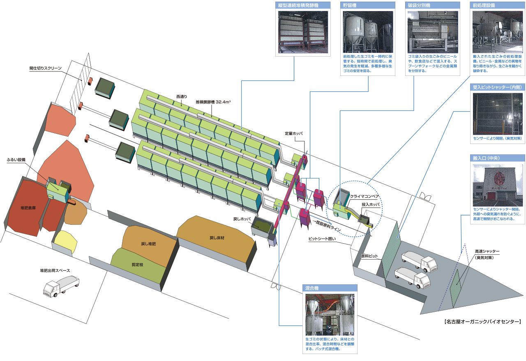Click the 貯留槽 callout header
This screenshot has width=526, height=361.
(x=368, y=5)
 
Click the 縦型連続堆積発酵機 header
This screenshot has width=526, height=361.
(x=304, y=5)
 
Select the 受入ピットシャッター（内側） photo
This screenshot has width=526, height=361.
(x=498, y=114)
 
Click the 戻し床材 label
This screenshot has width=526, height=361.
(x=217, y=238)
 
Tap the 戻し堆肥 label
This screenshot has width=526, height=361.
(x=148, y=244)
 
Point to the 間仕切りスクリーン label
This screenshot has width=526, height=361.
(x=46, y=69)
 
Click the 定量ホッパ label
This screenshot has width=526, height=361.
(x=294, y=133)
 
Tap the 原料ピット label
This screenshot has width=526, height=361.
(x=369, y=256)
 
